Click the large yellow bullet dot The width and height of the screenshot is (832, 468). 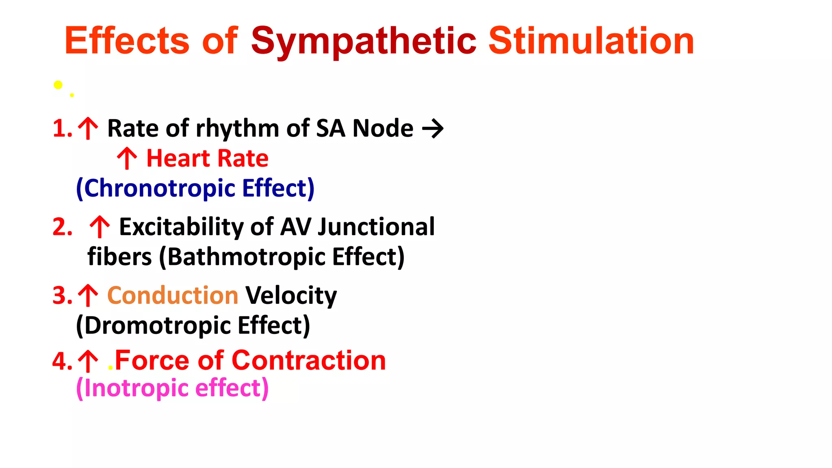tap(58, 84)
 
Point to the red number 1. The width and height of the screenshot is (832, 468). tap(60, 128)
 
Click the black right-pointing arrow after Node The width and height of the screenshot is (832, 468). tap(433, 129)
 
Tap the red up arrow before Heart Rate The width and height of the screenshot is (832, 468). tap(127, 158)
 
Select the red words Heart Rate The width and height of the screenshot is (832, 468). tap(207, 158)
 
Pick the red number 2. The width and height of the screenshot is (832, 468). tap(62, 227)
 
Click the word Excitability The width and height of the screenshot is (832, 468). tap(181, 227)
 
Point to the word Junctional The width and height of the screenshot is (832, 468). tap(376, 227)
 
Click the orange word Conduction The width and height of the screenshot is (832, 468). tap(173, 295)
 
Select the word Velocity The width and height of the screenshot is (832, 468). tap(291, 295)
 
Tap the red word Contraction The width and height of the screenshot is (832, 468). tap(308, 360)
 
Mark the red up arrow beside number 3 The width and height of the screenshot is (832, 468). tap(88, 295)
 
